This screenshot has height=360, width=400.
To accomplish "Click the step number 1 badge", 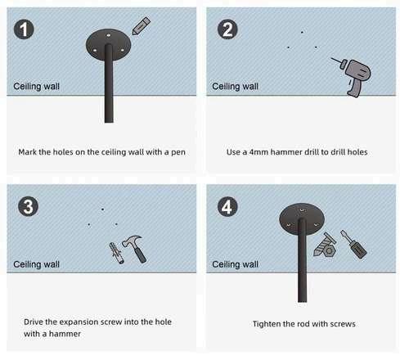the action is tap(24, 29).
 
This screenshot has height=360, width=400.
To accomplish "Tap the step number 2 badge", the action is tap(227, 29).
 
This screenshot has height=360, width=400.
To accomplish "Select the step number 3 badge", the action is tap(28, 206).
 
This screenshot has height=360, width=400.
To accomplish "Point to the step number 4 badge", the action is tap(227, 206).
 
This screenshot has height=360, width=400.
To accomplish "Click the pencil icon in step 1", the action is tap(141, 26).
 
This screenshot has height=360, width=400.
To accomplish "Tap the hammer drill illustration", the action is tap(353, 76).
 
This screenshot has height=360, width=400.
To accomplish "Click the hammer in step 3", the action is tap(136, 248).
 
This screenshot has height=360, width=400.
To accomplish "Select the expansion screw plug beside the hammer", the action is tap(117, 253).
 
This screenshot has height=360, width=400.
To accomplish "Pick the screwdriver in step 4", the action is tap(353, 245).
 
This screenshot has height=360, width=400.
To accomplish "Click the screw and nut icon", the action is tap(325, 245).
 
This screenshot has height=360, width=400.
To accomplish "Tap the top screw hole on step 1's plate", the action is tap(108, 35).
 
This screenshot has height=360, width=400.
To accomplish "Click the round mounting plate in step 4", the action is tap(302, 218).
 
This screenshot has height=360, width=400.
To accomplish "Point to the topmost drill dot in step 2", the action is tap(302, 32).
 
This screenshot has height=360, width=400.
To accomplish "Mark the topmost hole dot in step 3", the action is tap(102, 209).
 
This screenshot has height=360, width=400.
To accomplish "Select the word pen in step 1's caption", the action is tap(178, 152).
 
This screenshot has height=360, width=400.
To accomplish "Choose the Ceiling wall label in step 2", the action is tap(235, 87).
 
